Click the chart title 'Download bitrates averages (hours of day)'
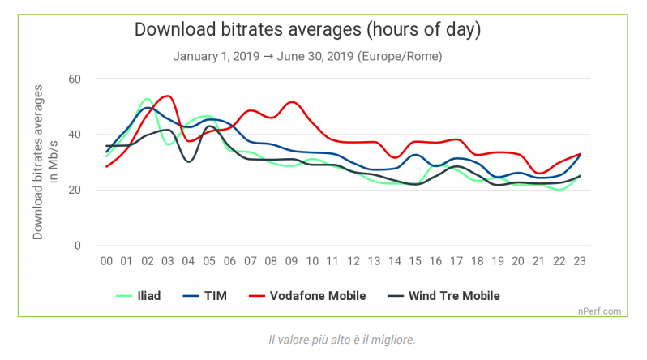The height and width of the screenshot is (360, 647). [x=307, y=30]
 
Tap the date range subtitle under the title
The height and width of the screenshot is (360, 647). [x=307, y=57]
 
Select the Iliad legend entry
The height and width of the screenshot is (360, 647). [x=148, y=296]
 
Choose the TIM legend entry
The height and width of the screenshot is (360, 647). [x=214, y=296]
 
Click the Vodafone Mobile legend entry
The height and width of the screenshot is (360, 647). [x=319, y=296]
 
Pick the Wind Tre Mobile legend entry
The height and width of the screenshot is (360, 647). [x=454, y=296]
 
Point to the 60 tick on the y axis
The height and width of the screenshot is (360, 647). [x=75, y=79]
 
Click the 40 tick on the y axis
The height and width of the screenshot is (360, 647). [x=75, y=135]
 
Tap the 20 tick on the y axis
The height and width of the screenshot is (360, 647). [x=75, y=191]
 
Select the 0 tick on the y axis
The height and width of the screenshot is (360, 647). [x=79, y=246]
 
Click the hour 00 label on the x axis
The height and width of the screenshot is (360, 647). [x=106, y=261]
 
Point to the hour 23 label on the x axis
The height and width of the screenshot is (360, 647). [x=579, y=261]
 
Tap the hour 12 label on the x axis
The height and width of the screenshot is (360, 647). [x=353, y=261]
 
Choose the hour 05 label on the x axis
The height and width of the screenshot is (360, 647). [x=209, y=261]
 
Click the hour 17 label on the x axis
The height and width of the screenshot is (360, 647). [x=456, y=261]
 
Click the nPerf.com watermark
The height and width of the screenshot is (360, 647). [x=600, y=311]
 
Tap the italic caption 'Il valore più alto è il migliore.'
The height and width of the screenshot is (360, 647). [x=341, y=339]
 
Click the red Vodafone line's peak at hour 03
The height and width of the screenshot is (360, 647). [x=168, y=96]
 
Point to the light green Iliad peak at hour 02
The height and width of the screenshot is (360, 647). [x=147, y=99]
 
